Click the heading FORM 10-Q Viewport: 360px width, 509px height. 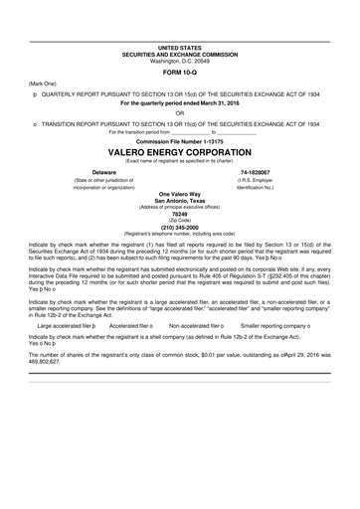pos(179,73)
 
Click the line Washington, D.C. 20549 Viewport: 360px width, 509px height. pos(179,61)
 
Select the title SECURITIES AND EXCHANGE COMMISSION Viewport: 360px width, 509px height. pos(179,55)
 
